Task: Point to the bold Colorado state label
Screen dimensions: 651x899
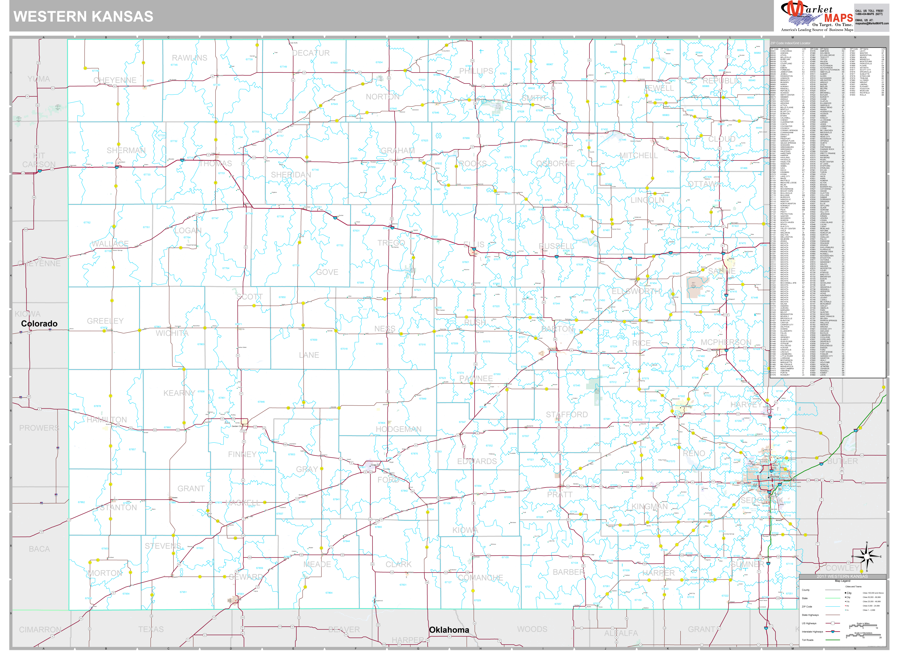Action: coord(39,324)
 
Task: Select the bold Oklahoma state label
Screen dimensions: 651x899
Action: coord(449,630)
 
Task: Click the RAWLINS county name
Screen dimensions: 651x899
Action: coord(190,58)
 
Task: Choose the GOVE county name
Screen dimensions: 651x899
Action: coord(327,272)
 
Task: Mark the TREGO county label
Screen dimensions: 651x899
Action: coord(391,243)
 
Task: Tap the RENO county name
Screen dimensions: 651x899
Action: coord(694,453)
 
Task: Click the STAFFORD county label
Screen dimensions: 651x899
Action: coord(567,415)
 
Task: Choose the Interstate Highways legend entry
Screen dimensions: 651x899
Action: coord(813,632)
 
